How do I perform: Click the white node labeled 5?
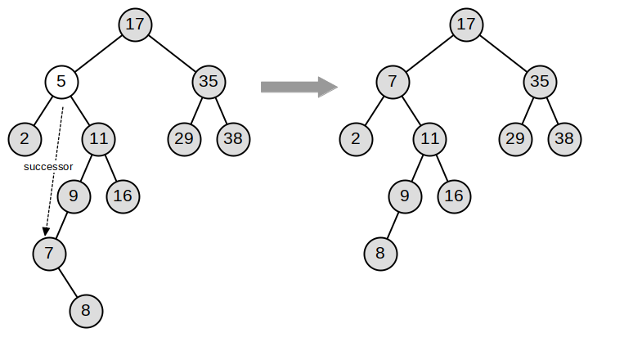click(61, 81)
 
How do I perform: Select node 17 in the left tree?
click(135, 24)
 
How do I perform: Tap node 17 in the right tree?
click(466, 24)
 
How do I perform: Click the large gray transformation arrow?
click(299, 87)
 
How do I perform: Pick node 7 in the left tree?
click(49, 253)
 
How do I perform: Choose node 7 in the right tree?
click(393, 81)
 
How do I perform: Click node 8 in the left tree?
click(86, 310)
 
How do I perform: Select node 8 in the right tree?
click(380, 253)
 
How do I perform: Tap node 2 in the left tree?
click(25, 138)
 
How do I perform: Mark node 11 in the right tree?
click(429, 138)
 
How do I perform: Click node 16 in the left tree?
click(123, 196)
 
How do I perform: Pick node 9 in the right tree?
click(405, 196)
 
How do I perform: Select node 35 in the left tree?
click(209, 81)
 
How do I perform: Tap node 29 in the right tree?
click(515, 138)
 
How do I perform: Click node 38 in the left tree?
click(233, 138)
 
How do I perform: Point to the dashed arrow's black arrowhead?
click(47, 232)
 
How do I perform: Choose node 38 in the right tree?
click(564, 138)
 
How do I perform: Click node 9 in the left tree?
click(74, 196)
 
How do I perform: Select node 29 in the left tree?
click(184, 138)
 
